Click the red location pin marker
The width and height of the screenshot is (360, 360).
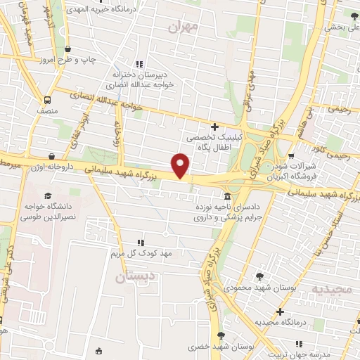pyautogui.click(x=181, y=166)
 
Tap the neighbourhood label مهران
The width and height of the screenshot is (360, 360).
pyautogui.click(x=185, y=27)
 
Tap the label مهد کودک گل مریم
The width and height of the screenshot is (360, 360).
pyautogui.click(x=137, y=251)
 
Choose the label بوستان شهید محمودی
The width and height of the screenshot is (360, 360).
pyautogui.click(x=257, y=288)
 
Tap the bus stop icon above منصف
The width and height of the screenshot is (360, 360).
pyautogui.click(x=48, y=100)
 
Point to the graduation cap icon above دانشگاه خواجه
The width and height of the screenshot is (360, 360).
pyautogui.click(x=48, y=196)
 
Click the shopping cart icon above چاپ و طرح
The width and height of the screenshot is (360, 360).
pyautogui.click(x=67, y=49)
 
